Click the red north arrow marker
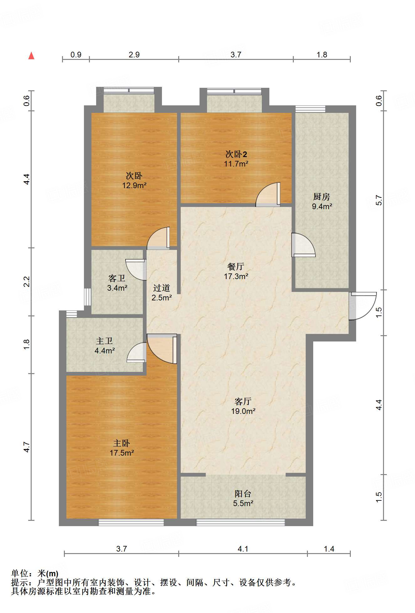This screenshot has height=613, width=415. click(31, 55)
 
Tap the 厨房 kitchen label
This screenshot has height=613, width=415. click(322, 197)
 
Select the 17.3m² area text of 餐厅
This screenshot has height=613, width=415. click(236, 276)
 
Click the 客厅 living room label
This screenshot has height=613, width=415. click(243, 401)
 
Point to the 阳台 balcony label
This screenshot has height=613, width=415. click(243, 494)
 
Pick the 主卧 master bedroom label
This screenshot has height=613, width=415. click(122, 443)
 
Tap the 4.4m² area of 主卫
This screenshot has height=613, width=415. click(105, 351)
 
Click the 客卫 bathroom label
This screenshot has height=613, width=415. click(117, 278)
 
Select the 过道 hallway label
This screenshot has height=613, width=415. click(162, 288)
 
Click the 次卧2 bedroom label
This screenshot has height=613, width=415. click(236, 154)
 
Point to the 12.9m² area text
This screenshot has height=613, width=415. click(134, 185)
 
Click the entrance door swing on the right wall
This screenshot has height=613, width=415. click(363, 306)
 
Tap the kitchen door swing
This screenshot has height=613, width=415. click(303, 245)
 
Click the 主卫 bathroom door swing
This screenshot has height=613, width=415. click(137, 352)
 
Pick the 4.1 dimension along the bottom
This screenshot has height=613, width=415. click(243, 549)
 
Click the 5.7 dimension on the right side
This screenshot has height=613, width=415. click(379, 200)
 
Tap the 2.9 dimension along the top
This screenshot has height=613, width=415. click(134, 55)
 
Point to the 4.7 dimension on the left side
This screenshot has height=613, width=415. click(27, 447)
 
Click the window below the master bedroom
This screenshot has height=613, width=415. click(131, 522)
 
